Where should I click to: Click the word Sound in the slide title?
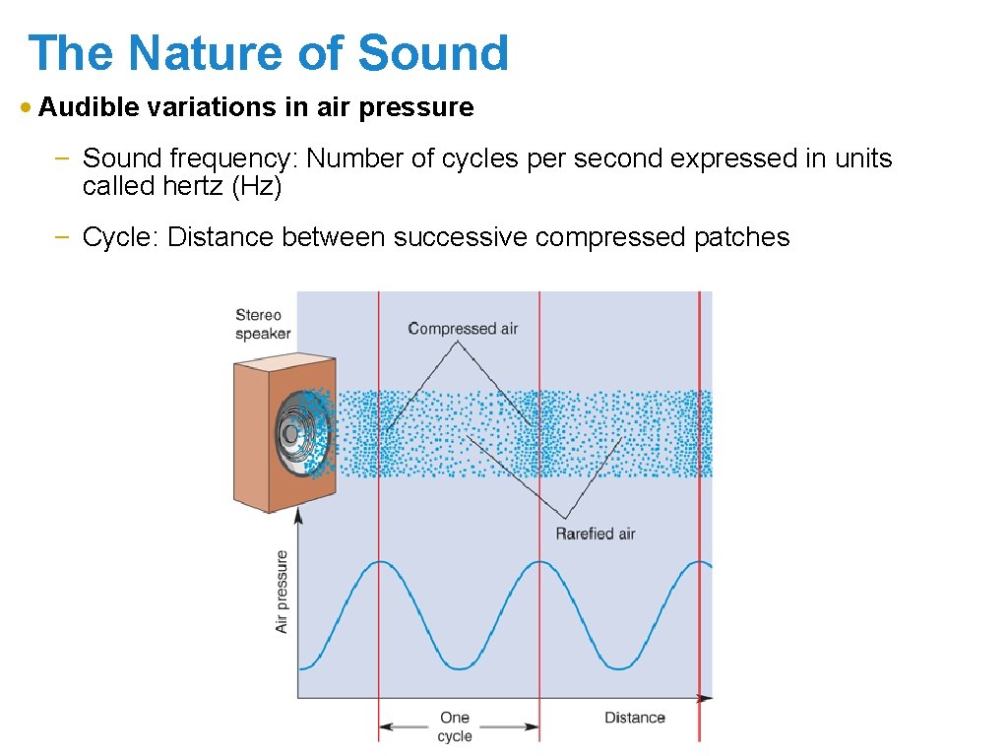point(433,53)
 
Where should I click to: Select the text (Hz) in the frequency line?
point(256,186)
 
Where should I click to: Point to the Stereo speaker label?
point(262,324)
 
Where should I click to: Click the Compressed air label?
point(463,329)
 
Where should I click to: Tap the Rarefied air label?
point(595,534)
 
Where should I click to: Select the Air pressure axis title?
point(283,591)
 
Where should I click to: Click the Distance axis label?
point(634,718)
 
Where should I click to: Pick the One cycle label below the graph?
point(454,726)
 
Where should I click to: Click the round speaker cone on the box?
point(292,433)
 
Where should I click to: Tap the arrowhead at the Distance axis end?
point(706,698)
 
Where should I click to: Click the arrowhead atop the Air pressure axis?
point(298,515)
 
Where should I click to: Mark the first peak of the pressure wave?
point(379,562)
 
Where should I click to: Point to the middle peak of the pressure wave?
point(539,562)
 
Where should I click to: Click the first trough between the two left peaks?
point(459,668)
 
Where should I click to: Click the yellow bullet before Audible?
point(27,107)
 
